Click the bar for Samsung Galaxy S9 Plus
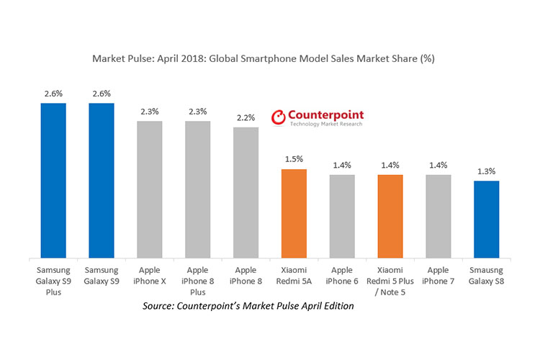(53, 180)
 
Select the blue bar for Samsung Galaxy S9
(102, 180)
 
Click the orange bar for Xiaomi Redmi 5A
(294, 213)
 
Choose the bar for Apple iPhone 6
(342, 216)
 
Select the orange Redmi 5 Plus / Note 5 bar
(390, 216)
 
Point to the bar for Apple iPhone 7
(438, 216)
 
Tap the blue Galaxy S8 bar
(486, 219)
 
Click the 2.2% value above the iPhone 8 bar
(246, 117)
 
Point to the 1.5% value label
(294, 159)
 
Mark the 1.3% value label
(486, 171)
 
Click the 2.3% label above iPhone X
(150, 111)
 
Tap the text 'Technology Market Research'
(325, 125)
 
